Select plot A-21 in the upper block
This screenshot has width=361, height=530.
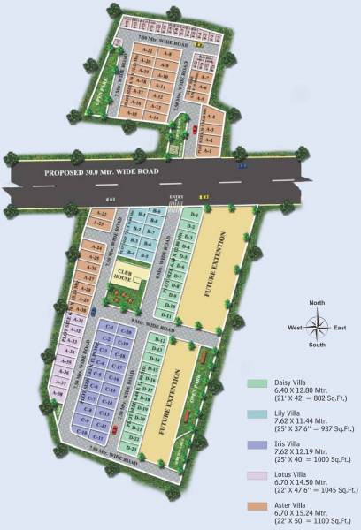pyautogui.click(x=150, y=49)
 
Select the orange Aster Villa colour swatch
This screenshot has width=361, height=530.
pyautogui.click(x=258, y=505)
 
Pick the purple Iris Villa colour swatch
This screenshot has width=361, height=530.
pyautogui.click(x=258, y=444)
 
